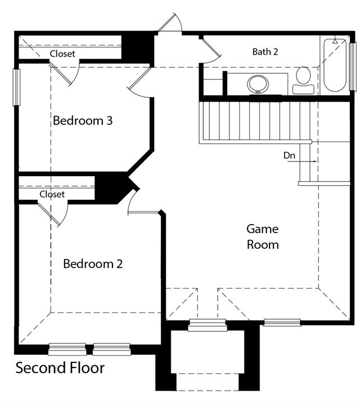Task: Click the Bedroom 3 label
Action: (83, 120)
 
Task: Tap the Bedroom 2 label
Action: (93, 264)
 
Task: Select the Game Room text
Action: (263, 237)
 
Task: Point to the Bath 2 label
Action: (265, 52)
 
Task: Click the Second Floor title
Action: (60, 368)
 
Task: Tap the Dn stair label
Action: (289, 155)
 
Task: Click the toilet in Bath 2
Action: (303, 80)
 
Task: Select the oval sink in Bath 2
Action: (258, 84)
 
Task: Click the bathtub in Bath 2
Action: (335, 65)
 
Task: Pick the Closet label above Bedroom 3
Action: (62, 53)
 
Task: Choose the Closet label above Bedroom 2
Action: (52, 194)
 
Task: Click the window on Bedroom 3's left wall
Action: (16, 87)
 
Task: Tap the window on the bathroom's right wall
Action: (353, 66)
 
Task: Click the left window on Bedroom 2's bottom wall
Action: (67, 349)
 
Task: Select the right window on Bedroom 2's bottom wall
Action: (112, 349)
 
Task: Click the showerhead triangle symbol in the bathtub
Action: (335, 41)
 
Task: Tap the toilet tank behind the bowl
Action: (303, 89)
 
